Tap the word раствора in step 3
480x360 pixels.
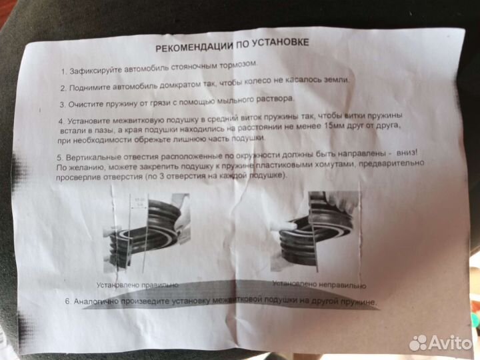tap(273, 99)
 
